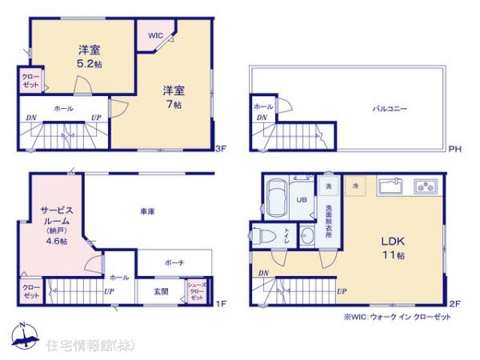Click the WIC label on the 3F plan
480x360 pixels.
[x=155, y=36]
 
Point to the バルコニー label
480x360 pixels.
[x=390, y=108]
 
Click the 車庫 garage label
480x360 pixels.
[x=147, y=212]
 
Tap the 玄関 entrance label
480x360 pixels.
[x=162, y=291]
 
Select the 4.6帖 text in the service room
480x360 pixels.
[x=56, y=241]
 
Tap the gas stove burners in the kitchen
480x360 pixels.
[x=424, y=188]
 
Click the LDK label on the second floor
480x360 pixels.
[x=390, y=242]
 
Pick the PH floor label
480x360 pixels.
[x=454, y=149]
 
